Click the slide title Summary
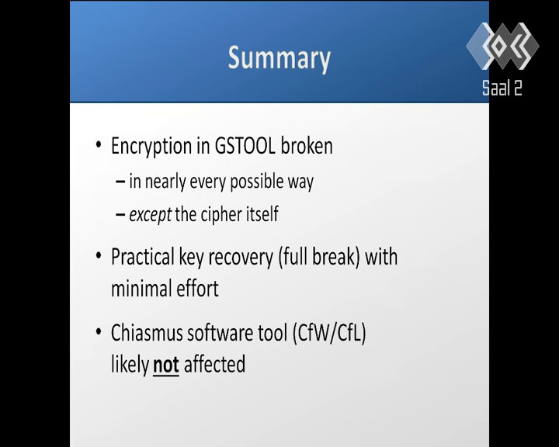pos(279,59)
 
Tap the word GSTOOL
pos(245,146)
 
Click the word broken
pos(307,146)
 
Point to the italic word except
pos(150,215)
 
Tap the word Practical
pos(143,257)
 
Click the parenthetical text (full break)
pos(319,258)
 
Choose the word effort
pos(197,289)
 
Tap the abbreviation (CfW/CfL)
pos(329,333)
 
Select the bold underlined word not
pos(166,365)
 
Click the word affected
pos(214,364)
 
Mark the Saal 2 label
pos(502,88)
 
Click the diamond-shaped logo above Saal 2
pos(502,46)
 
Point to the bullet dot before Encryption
pos(99,145)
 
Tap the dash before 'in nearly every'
pos(120,182)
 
